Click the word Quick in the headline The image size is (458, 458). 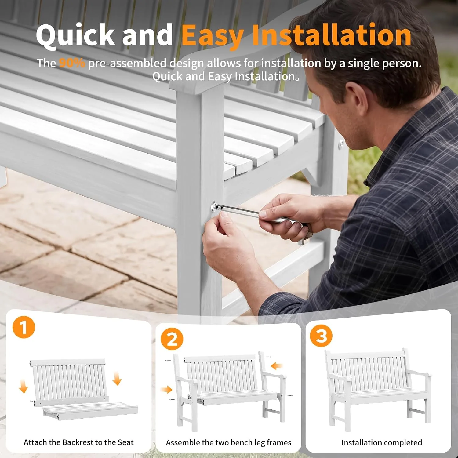(75, 35)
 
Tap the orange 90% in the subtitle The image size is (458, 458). (72, 63)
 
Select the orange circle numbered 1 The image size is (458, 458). (24, 327)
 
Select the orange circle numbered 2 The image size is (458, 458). (172, 339)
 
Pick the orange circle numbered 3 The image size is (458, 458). (321, 336)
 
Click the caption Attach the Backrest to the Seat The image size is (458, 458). (79, 442)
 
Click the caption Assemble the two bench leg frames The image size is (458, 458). (229, 442)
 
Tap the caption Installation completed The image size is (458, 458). (382, 442)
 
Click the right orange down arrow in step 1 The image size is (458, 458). (117, 379)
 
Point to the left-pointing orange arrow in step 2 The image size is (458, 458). (277, 365)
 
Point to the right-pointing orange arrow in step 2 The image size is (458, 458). (167, 389)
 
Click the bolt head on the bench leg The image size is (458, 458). (216, 207)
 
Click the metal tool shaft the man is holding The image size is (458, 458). (241, 211)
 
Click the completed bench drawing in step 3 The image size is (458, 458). (379, 389)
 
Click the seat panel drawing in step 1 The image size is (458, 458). (90, 411)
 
